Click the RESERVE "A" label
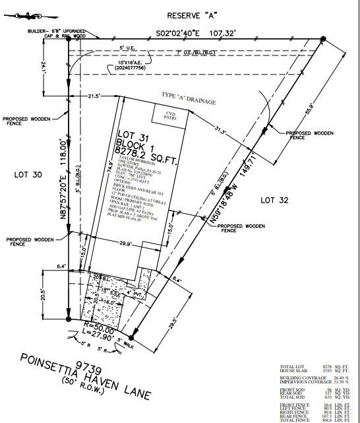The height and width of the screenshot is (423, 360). click(192, 15)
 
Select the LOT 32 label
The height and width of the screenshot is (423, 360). click(276, 199)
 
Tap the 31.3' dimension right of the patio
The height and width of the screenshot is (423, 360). click(220, 131)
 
